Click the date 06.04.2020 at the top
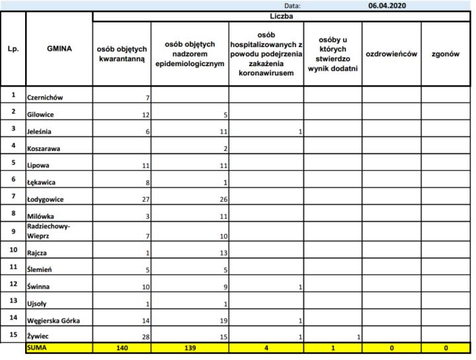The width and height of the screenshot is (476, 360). pos(387,5)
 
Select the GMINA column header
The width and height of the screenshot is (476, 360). pos(59,48)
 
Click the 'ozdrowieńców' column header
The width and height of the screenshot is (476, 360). pos(391,54)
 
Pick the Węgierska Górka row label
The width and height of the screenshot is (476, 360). pos(54,321)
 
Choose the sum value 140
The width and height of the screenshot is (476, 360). pos(122,346)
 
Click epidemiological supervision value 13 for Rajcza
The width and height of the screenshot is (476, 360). pos(223,252)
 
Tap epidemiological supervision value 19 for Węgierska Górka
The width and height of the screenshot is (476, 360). pos(223,321)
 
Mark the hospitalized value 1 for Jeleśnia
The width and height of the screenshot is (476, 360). pos(299,132)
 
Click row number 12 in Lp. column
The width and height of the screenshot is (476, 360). pos(13,283)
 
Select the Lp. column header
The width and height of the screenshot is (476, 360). pos(13,48)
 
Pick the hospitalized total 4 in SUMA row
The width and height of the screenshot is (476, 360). pos(266,346)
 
